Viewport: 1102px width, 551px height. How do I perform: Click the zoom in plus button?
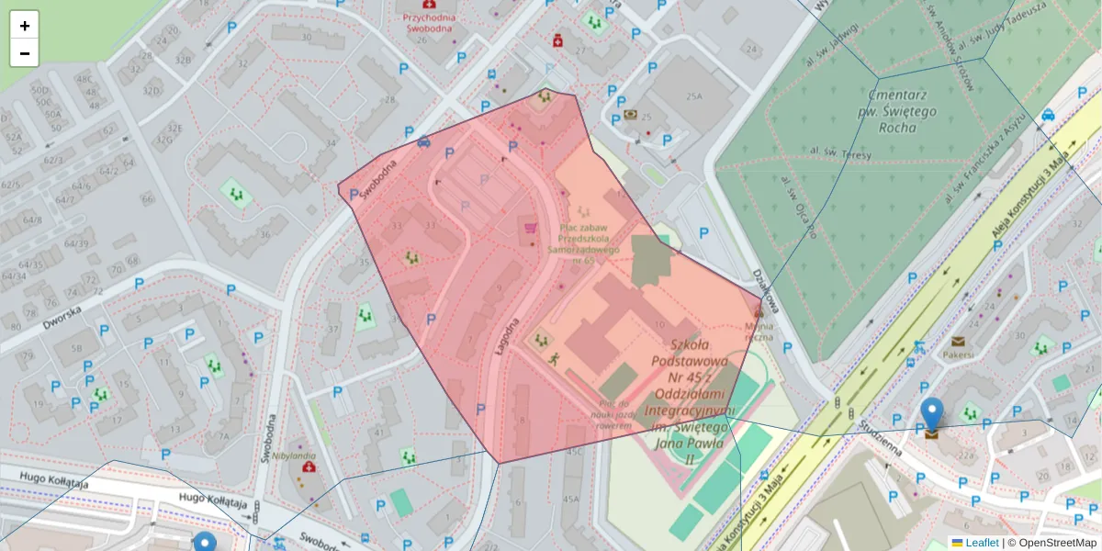point(25,26)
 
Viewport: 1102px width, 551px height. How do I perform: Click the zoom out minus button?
point(25,53)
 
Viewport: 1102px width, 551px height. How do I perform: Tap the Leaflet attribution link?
point(981,543)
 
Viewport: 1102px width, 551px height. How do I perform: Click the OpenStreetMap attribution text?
point(1057,543)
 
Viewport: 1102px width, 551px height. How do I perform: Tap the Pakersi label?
point(959,354)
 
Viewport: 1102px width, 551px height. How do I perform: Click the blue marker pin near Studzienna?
point(932,416)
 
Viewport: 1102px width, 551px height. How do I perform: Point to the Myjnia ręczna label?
point(759,331)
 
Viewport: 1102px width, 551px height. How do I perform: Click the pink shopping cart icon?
point(530,228)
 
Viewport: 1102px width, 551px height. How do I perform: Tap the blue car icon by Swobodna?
point(423,142)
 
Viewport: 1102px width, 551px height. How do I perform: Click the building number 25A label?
point(692,96)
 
